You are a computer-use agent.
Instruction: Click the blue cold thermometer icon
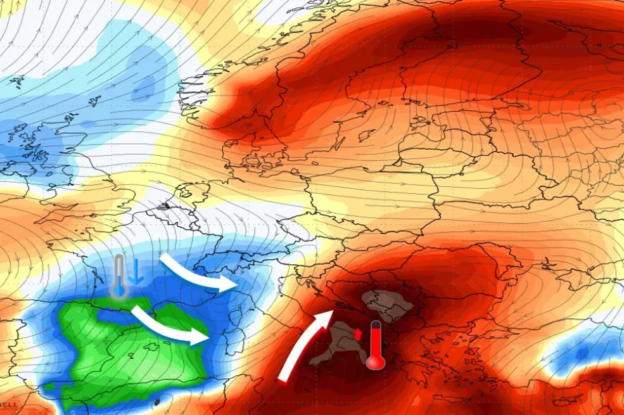[x=119, y=277]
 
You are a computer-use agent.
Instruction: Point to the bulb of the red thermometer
[x=374, y=361]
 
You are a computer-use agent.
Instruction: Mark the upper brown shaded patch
[x=385, y=304]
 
